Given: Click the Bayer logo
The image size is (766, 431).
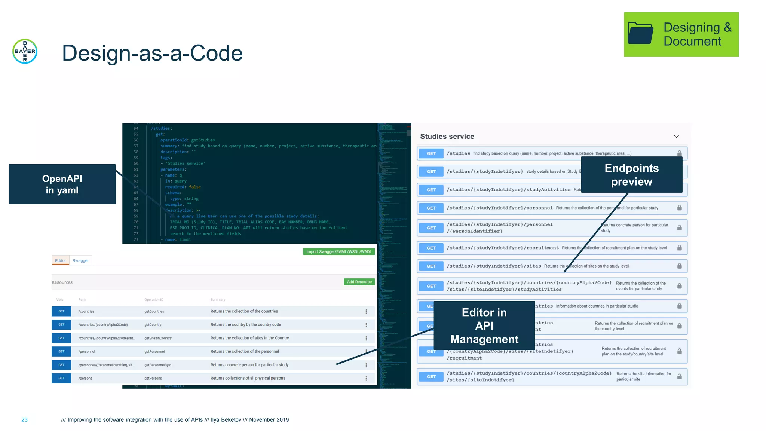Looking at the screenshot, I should tap(25, 51).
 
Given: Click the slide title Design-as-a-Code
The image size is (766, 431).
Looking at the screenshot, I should tap(152, 53).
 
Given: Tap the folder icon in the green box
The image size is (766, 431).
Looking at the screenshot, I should tap(640, 33).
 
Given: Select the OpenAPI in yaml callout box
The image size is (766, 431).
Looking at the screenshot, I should tap(62, 184).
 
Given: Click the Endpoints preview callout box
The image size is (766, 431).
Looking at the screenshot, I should tap(631, 175).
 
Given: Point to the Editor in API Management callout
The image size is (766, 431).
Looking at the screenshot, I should tap(484, 325).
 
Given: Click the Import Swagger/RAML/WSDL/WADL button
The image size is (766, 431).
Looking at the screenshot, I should tap(338, 251).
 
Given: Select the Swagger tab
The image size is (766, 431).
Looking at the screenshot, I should tap(80, 260).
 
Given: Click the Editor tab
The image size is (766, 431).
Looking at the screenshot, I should tap(60, 260).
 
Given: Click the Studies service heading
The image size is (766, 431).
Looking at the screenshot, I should tap(447, 137).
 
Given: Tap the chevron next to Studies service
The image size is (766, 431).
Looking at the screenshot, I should tap(676, 137).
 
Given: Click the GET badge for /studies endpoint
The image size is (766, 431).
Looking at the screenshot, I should tap(431, 153).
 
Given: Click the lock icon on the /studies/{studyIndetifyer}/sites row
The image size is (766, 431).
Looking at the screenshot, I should tap(679, 266).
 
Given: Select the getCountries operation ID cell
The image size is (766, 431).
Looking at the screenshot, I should tap(154, 311).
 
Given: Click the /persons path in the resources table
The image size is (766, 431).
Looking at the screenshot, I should tap(85, 378).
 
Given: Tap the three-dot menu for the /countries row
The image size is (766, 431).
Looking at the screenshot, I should tap(366, 311).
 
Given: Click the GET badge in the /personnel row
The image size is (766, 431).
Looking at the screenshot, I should tap(61, 351).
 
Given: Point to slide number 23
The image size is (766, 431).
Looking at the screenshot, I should tap(24, 419).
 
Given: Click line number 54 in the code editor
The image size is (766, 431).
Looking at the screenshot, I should tap(136, 128).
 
